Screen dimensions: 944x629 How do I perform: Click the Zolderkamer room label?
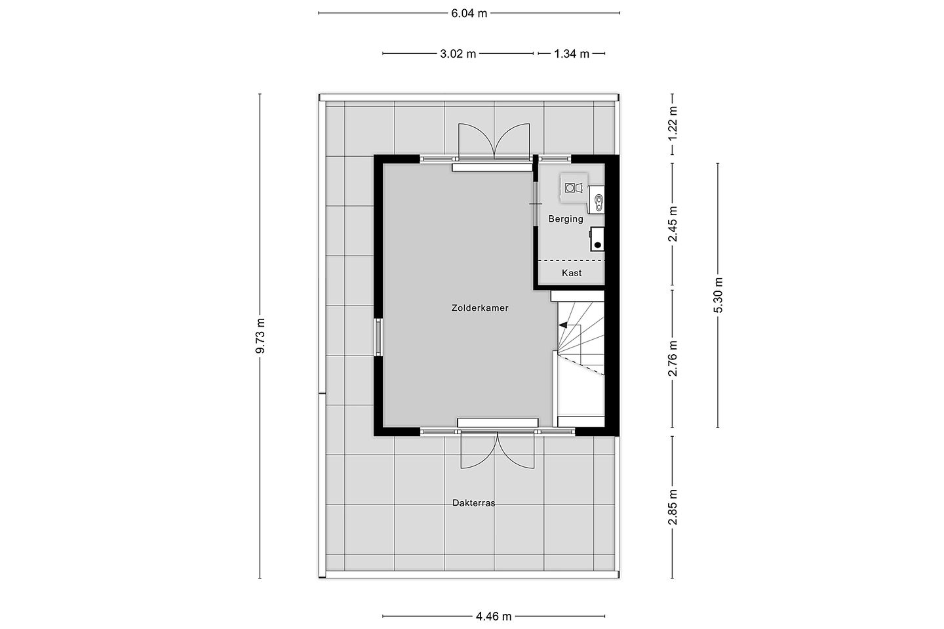point(480,308)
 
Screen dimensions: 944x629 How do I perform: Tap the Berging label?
point(566,219)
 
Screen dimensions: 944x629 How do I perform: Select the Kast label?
point(572,273)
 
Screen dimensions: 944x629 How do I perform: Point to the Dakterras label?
point(474,503)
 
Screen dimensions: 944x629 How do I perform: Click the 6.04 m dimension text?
point(469,14)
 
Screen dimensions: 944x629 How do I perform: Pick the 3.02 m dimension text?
point(458,54)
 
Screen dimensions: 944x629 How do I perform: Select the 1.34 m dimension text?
point(572,54)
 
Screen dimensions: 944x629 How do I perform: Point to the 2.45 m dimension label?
point(673,224)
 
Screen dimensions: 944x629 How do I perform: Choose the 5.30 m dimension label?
point(718,295)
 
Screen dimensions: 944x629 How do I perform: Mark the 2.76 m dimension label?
point(673,358)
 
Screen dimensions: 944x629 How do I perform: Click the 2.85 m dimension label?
point(673,507)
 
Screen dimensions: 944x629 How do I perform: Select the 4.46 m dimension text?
point(494,617)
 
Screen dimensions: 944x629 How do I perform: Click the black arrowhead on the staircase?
point(562,325)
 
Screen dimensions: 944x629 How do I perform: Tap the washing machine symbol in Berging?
point(574,188)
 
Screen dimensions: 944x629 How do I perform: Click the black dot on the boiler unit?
point(597,245)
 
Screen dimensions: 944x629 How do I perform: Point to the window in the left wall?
point(378,337)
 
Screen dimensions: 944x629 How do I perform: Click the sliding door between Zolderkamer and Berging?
point(536,204)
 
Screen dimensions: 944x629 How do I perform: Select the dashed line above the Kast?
point(572,260)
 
